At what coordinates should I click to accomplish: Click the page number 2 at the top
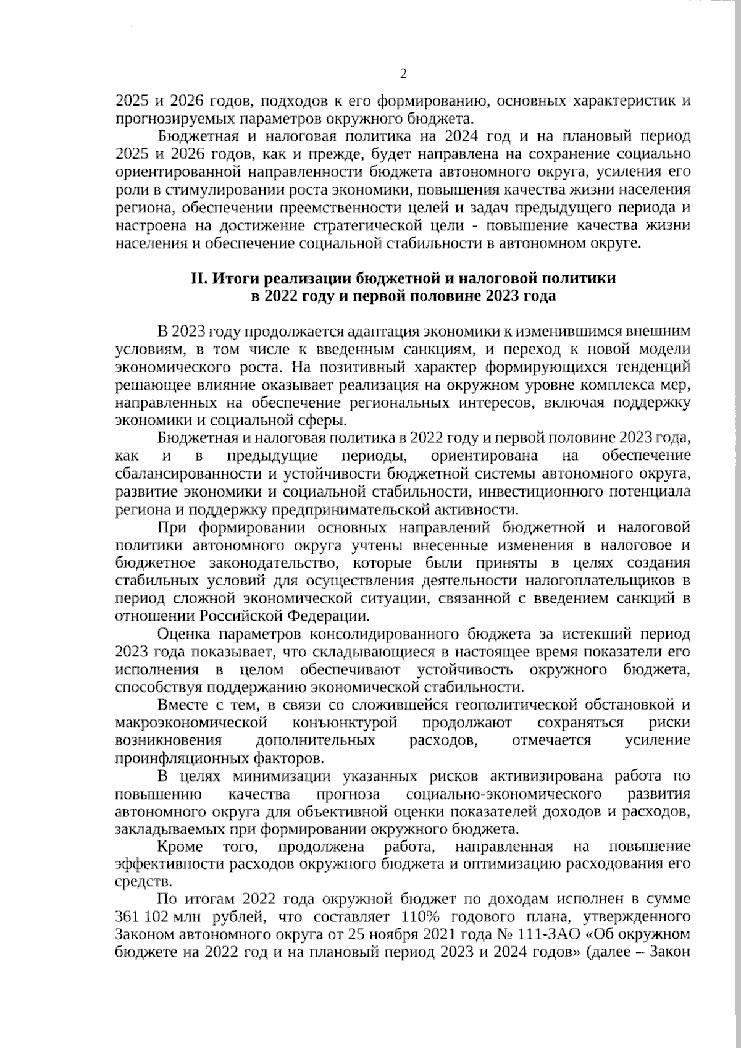404,74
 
